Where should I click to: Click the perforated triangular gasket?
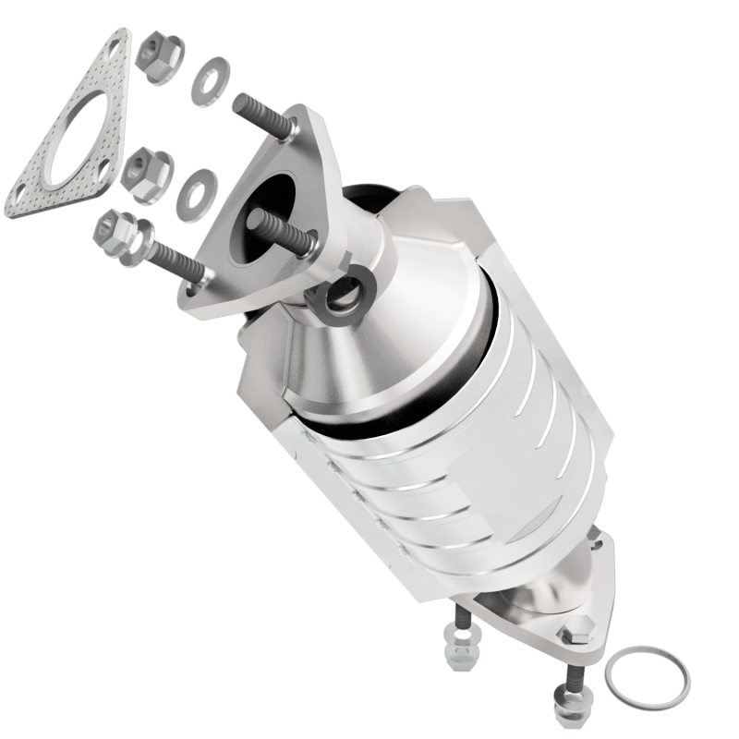pos(37,185)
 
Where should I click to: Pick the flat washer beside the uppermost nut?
pos(212,80)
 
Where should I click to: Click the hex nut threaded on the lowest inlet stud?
pos(114,232)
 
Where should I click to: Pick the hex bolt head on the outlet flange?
pos(575,634)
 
